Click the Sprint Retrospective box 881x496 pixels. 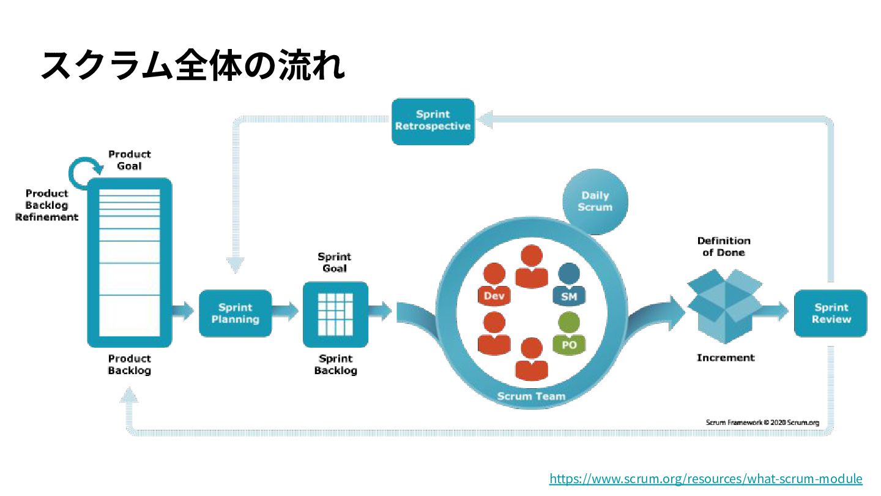[433, 121]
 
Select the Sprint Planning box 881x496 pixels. [235, 313]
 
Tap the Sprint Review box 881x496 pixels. [830, 313]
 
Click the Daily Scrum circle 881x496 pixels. [595, 201]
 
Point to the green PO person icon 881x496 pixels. [569, 334]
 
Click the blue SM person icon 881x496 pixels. [569, 285]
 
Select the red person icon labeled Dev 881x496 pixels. [494, 285]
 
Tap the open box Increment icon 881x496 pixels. [724, 306]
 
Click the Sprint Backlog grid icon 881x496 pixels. [335, 314]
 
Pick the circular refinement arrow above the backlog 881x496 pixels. [81, 172]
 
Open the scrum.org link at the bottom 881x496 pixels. [705, 479]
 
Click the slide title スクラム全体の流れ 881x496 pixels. [193, 65]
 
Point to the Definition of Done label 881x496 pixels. [723, 246]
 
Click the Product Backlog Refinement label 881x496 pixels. [47, 205]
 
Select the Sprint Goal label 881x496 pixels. [334, 263]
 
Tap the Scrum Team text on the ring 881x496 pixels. [530, 396]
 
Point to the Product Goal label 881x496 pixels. [129, 160]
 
